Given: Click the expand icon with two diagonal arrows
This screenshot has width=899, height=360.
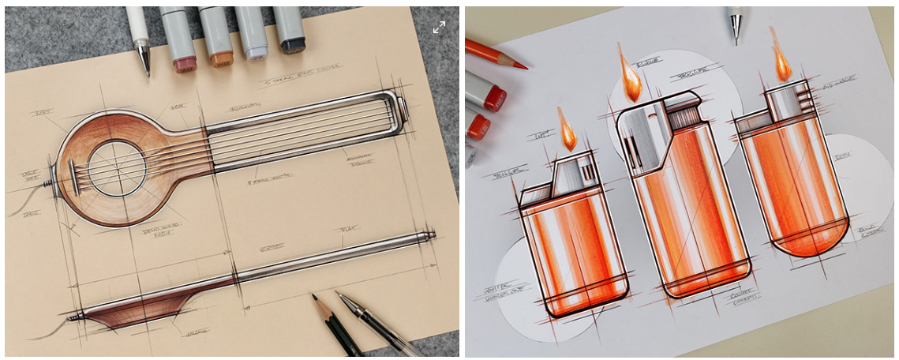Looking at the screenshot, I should (440, 27).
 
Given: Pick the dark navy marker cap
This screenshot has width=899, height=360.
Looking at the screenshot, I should (294, 45).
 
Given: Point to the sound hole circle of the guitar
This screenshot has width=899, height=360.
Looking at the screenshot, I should (117, 167).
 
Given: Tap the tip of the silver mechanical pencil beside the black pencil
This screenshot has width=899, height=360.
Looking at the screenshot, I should (339, 294).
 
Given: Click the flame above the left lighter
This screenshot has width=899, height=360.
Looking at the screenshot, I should (567, 132).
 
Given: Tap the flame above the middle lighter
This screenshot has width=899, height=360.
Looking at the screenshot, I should (630, 77).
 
